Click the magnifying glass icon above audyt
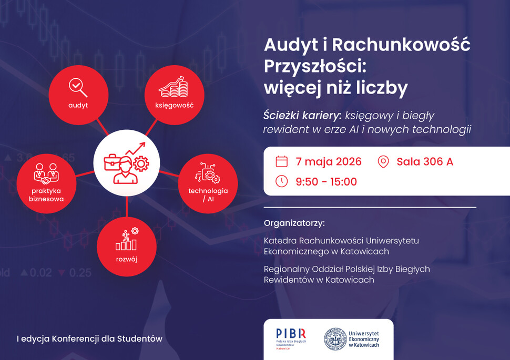pyautogui.click(x=78, y=87)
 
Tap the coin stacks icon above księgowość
pyautogui.click(x=174, y=87)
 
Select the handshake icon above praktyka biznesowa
pyautogui.click(x=46, y=173)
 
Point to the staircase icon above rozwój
pyautogui.click(x=127, y=239)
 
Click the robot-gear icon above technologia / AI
pyautogui.click(x=208, y=172)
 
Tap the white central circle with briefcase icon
pyautogui.click(x=126, y=163)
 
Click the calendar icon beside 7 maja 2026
pyautogui.click(x=282, y=161)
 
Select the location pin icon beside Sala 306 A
pyautogui.click(x=383, y=161)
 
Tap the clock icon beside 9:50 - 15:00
pyautogui.click(x=282, y=181)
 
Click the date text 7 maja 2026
pyautogui.click(x=329, y=161)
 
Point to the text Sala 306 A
pyautogui.click(x=425, y=161)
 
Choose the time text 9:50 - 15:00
pyautogui.click(x=326, y=182)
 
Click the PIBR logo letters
pyautogui.click(x=291, y=333)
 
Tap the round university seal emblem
pyautogui.click(x=334, y=339)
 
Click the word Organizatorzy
pyautogui.click(x=294, y=223)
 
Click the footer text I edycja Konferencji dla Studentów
pyautogui.click(x=89, y=339)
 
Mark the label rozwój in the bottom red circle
pyautogui.click(x=127, y=259)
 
